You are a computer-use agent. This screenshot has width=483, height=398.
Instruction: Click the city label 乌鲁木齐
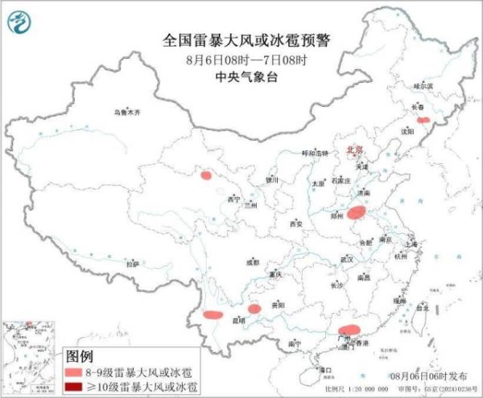pyautogui.click(x=126, y=113)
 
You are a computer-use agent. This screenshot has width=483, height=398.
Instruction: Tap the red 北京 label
pyautogui.click(x=354, y=150)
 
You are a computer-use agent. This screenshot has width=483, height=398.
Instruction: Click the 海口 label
pyautogui.click(x=326, y=370)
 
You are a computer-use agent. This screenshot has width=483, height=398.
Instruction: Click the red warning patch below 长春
pyautogui.click(x=423, y=120)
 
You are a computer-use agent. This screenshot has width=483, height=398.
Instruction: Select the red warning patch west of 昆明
pyautogui.click(x=213, y=315)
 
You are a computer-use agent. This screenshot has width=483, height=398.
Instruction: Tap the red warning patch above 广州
pyautogui.click(x=349, y=330)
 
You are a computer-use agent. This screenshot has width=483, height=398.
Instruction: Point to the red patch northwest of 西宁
pyautogui.click(x=207, y=174)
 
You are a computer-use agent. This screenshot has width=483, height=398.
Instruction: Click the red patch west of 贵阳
pyautogui.click(x=255, y=309)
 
